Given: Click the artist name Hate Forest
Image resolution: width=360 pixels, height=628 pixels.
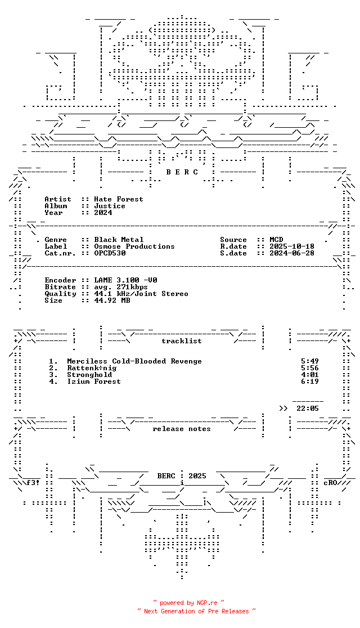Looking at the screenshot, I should pos(119,199).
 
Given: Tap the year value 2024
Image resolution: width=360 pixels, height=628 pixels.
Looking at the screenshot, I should pos(103,213).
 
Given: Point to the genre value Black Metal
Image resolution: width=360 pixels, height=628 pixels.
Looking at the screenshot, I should pos(119,240).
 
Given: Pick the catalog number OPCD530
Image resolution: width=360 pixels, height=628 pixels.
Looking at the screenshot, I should pos(110,253).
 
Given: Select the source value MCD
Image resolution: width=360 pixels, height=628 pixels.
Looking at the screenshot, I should pos(276,240).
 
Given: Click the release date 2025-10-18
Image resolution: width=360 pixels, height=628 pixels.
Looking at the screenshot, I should pos(292,246).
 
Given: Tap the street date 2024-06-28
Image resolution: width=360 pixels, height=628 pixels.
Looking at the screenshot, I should pos(292,253).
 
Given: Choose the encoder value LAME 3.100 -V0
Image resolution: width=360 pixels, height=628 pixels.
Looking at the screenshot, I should pos(125,280).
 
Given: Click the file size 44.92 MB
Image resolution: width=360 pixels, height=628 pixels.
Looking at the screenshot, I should pos(112,300).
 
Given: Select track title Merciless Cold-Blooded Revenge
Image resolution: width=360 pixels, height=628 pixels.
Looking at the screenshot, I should pos(134,361).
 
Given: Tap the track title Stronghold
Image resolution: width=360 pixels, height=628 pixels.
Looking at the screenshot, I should pos(89,375).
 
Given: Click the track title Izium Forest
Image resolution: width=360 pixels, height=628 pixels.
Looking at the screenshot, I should pos(94,382).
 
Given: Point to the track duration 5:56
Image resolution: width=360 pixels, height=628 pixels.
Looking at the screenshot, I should pos(310,368).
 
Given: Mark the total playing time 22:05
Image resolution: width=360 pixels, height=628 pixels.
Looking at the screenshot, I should pos(308,409).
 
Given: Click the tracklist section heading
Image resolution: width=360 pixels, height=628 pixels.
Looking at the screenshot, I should pos(182,341).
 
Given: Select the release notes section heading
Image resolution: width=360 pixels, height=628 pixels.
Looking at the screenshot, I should pos(182,429).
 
